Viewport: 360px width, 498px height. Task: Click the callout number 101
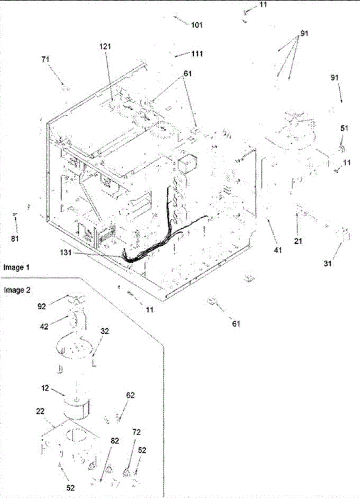point(197,25)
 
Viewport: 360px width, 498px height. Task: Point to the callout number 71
point(46,60)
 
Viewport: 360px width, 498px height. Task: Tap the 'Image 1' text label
point(15,268)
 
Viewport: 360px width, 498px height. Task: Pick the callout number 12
point(46,389)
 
